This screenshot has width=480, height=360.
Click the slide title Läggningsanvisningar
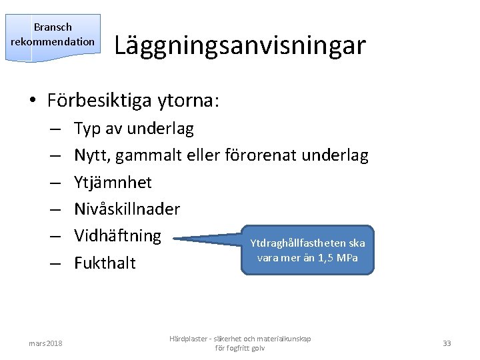240,45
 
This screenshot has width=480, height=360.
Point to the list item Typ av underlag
133,129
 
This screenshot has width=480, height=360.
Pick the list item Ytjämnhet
113,182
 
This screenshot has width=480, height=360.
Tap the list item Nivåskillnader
127,209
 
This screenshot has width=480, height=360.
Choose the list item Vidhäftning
117,235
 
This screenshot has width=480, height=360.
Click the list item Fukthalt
105,263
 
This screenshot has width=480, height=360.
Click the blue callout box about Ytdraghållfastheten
307,250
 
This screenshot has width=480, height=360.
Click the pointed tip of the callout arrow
172,238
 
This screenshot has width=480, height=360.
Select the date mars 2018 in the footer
46,343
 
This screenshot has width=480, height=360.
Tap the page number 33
447,343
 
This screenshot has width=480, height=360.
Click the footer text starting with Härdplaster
240,343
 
